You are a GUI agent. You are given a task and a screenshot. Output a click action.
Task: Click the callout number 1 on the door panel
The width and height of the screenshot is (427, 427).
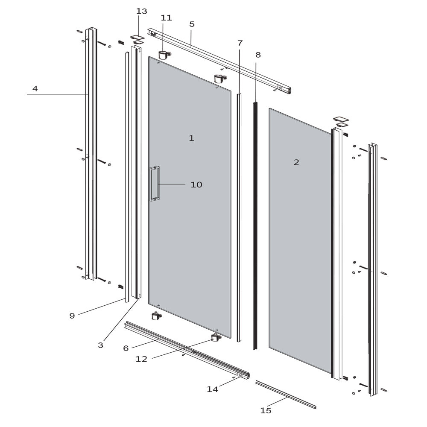(191, 138)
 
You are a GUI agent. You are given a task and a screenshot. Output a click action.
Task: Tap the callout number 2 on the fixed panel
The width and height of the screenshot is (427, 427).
(296, 162)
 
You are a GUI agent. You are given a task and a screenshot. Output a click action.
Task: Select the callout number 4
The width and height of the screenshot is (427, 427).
(35, 89)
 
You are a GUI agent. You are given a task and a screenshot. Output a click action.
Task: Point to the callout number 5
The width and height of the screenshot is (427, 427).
(192, 24)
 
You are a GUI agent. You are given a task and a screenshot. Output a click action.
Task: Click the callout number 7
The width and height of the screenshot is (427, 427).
(240, 43)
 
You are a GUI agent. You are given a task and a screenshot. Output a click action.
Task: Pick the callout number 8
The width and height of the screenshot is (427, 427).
(258, 55)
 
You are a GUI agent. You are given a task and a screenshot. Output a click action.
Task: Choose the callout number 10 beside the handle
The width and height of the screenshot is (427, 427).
(196, 185)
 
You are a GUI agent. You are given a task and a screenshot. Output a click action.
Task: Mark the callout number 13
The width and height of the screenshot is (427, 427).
(141, 12)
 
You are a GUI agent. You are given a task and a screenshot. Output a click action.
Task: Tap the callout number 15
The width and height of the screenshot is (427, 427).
(266, 411)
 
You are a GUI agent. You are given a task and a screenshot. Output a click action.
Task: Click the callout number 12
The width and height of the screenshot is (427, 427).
(141, 360)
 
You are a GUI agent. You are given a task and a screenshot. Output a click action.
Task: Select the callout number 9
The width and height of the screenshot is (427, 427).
(72, 316)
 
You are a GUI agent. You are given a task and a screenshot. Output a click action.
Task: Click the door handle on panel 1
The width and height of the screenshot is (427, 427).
(154, 184)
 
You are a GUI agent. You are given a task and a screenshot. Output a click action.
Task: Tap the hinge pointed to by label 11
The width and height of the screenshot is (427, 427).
(164, 55)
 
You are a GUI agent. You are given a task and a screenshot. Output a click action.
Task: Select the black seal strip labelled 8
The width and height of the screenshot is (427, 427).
(255, 226)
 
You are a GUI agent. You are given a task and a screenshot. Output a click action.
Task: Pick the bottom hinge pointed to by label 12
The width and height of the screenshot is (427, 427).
(216, 338)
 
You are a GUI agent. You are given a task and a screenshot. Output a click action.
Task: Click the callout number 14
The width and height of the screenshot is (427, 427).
(212, 389)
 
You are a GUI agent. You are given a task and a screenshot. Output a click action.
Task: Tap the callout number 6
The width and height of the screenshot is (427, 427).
(126, 348)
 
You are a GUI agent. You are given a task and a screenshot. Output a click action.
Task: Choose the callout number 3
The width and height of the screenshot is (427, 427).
(100, 345)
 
